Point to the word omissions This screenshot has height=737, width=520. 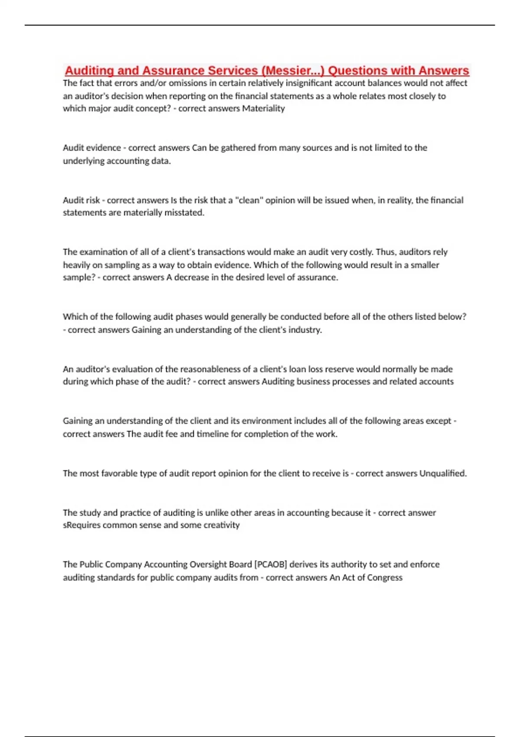pos(192,83)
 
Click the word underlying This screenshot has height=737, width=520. pos(82,161)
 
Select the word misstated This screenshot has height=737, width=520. pos(184,212)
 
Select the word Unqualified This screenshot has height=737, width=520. pos(443,473)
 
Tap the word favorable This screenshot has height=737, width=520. pos(119,473)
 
